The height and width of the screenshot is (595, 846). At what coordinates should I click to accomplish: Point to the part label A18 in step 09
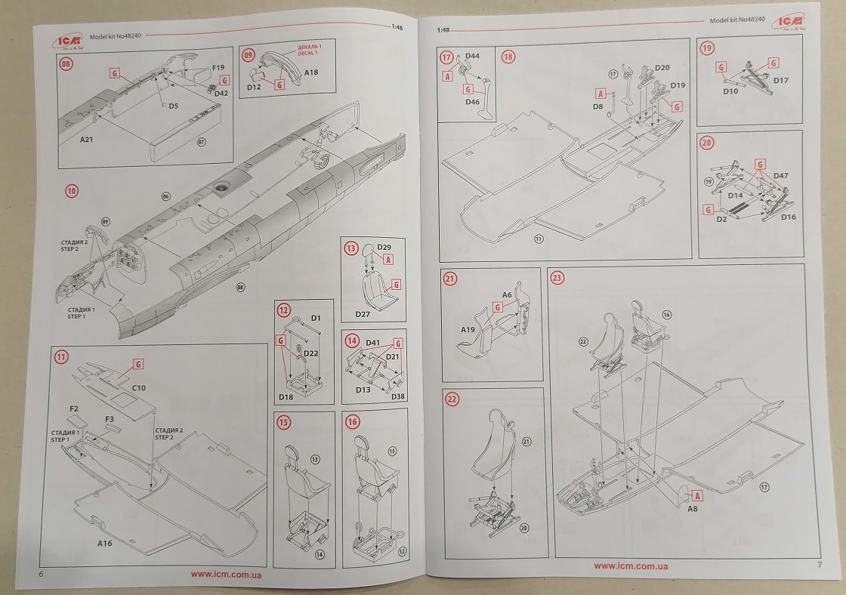[313, 72]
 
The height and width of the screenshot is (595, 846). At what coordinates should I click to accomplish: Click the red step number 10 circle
[71, 192]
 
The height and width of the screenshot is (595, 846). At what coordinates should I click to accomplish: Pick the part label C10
[139, 387]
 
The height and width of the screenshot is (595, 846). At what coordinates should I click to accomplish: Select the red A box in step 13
[389, 259]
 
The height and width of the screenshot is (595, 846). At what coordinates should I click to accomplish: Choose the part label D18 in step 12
[287, 397]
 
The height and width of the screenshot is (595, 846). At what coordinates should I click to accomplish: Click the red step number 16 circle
[353, 421]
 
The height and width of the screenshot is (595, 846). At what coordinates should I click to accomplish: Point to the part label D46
[473, 101]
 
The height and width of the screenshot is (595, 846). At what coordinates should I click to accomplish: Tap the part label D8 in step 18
[597, 107]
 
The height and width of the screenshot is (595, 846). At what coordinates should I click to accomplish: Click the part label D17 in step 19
[781, 80]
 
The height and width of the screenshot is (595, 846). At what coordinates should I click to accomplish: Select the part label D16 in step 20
[788, 217]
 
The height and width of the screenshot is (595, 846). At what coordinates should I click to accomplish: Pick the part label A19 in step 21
[468, 330]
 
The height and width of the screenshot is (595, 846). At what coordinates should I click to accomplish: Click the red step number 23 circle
[557, 278]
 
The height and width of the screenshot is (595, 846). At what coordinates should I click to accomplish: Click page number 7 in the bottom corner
[819, 565]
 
